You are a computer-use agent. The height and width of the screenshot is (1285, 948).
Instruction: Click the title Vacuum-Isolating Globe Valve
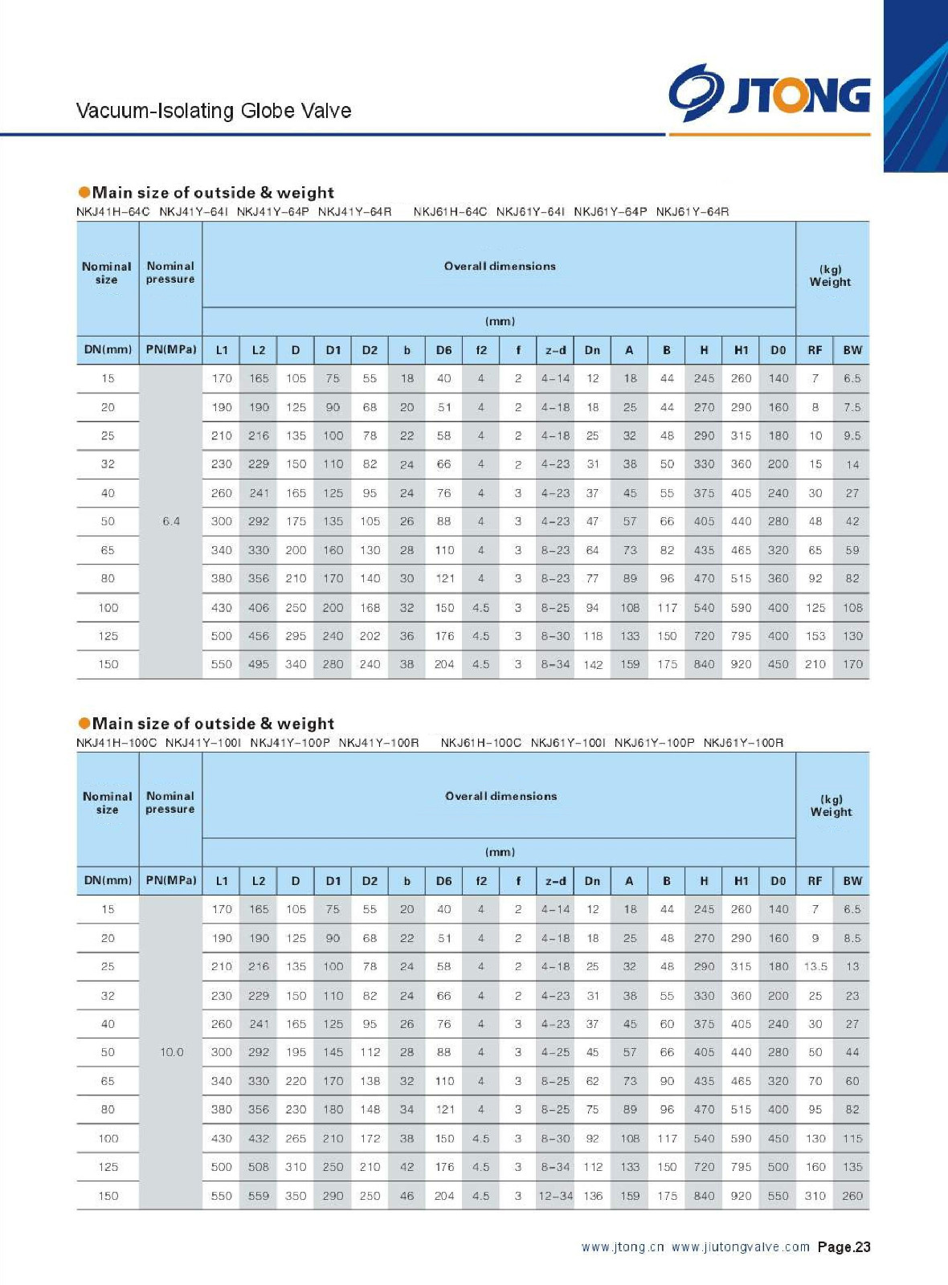(x=214, y=111)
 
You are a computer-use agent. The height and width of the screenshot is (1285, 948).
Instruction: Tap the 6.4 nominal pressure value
(x=171, y=521)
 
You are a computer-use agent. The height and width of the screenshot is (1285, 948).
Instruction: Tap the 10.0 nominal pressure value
(x=171, y=1052)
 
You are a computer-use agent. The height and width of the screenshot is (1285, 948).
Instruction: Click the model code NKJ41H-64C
(x=113, y=212)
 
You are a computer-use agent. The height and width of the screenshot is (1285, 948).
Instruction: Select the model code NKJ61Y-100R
(x=743, y=743)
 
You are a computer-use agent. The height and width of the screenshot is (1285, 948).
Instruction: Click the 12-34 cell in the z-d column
(x=555, y=1196)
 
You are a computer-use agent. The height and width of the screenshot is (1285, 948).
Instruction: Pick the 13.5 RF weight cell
(x=815, y=967)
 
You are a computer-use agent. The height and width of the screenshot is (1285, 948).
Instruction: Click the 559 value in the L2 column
(x=259, y=1196)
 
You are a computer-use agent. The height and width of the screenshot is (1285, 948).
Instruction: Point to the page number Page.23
(x=844, y=1247)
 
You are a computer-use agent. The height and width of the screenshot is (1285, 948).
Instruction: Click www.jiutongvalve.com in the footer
(x=741, y=1247)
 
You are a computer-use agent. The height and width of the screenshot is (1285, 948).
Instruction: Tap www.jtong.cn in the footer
(x=623, y=1247)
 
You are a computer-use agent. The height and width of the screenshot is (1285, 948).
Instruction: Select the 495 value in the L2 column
(x=259, y=664)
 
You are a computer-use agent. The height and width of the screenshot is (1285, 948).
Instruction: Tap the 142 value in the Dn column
(x=593, y=664)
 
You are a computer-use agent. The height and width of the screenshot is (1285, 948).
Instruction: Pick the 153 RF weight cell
(x=815, y=636)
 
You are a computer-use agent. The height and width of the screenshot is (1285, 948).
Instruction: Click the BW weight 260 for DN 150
(x=852, y=1196)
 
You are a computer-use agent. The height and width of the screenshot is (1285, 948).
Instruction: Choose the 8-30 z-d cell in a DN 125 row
(x=555, y=636)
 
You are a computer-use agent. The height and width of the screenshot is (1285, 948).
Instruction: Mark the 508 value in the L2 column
(x=259, y=1167)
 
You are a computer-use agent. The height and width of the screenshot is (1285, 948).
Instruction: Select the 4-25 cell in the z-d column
(x=555, y=1052)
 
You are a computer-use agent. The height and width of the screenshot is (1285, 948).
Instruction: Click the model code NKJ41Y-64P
(x=272, y=212)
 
